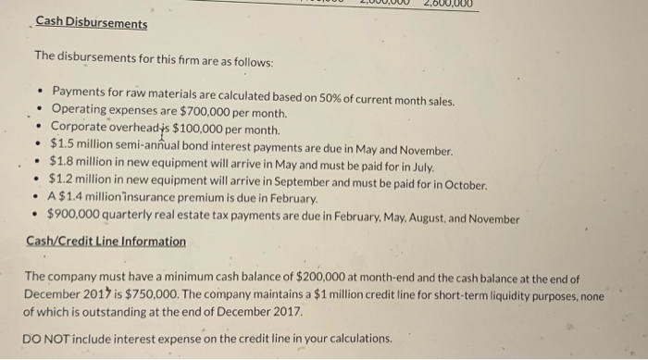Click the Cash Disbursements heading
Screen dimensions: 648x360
click(91, 24)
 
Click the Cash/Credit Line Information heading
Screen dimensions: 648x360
click(106, 242)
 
